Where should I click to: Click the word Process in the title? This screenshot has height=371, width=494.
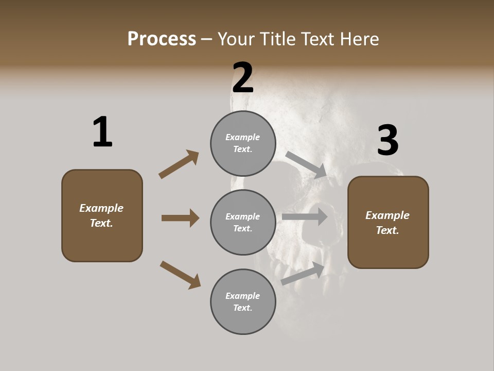point(162,39)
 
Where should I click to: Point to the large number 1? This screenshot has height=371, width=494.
point(102,132)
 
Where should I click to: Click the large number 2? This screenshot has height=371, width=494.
point(243,78)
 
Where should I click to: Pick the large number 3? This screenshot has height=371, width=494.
point(387,140)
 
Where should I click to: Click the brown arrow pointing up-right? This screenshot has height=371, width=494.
point(179,164)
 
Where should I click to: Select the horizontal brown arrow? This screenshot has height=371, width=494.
point(180,218)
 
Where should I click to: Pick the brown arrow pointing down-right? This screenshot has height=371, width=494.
point(180,275)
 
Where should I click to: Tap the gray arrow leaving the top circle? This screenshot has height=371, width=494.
point(306,164)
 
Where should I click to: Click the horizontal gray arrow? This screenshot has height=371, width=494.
point(305,217)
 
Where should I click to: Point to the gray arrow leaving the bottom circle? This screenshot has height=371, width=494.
point(303,274)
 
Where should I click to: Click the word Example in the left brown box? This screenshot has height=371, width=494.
point(101,208)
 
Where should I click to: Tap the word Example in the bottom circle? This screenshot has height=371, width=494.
point(243,296)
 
